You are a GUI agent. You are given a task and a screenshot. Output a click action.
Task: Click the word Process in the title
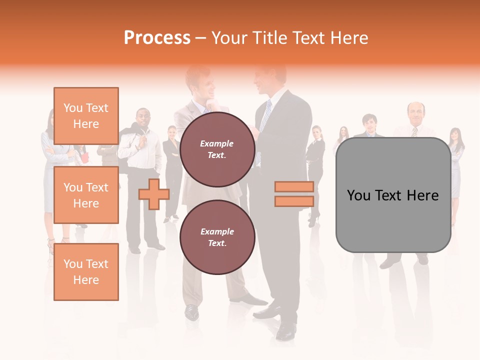point(157,37)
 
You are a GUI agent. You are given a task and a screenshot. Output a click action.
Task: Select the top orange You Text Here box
point(86,116)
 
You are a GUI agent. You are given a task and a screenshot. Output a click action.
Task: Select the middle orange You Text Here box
point(86,195)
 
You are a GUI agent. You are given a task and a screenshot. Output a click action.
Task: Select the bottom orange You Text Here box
point(86,271)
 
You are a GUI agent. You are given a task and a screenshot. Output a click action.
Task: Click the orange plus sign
point(153,194)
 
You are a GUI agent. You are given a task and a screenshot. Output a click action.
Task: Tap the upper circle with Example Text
point(217,149)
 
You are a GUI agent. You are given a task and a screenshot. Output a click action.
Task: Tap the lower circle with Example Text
point(217,237)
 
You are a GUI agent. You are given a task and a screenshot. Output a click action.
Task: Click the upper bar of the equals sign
point(294,187)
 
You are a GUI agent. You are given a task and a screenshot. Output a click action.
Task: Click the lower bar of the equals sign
point(294,201)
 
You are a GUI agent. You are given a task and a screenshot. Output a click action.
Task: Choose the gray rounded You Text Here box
point(393,195)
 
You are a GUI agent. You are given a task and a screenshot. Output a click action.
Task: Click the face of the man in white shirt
point(143,118)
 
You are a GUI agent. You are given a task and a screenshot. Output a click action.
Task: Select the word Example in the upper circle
point(217,143)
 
